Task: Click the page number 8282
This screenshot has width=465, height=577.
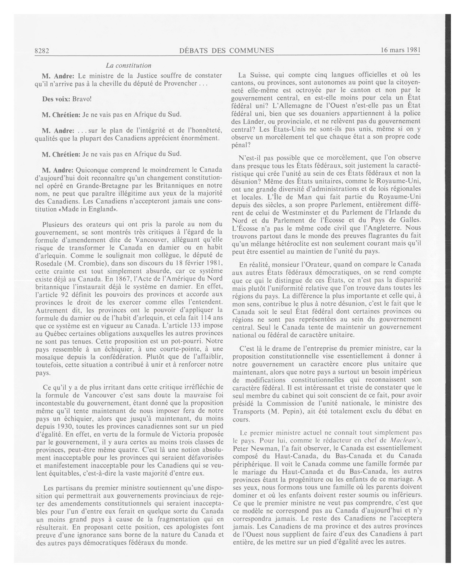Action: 42,50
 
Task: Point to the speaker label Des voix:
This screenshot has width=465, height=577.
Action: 56,99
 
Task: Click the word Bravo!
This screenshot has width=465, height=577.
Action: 82,99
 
